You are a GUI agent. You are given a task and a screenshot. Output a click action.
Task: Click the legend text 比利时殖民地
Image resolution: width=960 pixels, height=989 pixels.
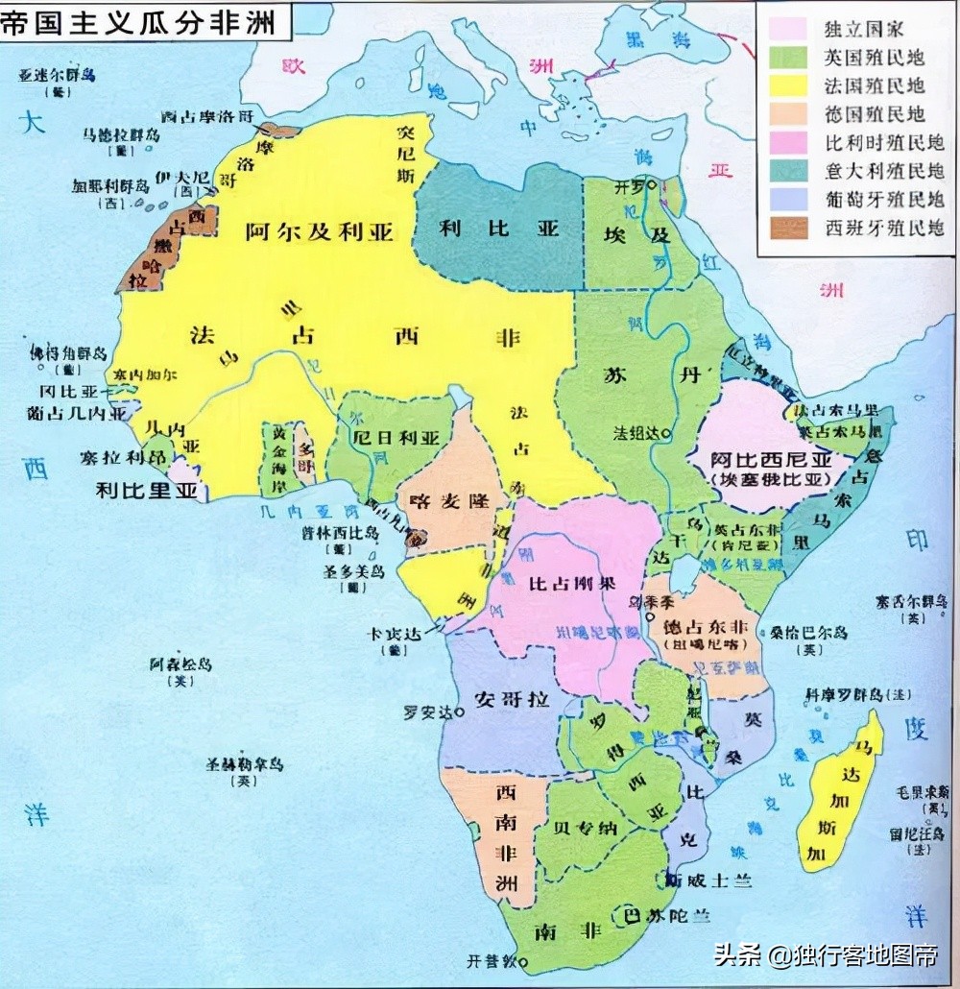(884, 142)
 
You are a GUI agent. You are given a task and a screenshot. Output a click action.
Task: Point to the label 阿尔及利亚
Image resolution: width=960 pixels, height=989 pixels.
(320, 231)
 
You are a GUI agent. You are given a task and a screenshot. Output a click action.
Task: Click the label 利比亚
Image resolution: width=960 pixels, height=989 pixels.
(499, 229)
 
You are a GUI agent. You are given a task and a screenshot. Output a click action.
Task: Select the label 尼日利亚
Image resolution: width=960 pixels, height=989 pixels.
(396, 438)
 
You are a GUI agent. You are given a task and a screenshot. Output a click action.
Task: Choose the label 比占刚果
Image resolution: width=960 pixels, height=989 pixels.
(571, 583)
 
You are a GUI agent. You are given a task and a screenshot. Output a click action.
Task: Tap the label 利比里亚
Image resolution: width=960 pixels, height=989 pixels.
(148, 492)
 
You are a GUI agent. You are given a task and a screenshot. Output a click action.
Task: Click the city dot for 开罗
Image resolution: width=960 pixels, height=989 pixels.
(652, 185)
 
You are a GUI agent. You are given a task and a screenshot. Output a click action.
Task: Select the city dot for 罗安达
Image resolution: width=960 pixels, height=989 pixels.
(460, 712)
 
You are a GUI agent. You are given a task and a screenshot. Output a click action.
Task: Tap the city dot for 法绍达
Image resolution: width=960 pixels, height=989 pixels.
(666, 433)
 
